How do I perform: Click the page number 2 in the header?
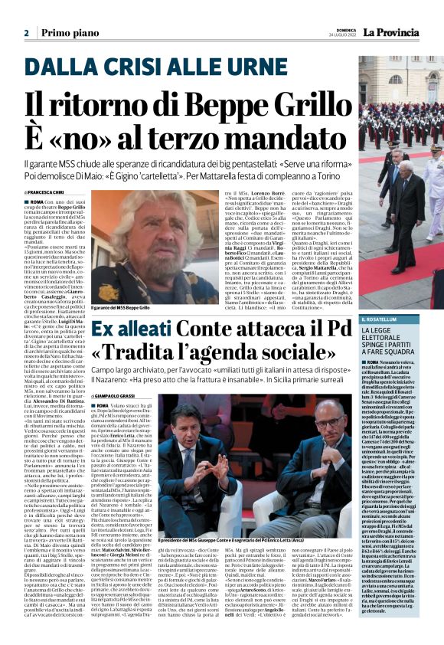(x=26, y=33)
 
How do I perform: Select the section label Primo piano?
(x=67, y=33)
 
